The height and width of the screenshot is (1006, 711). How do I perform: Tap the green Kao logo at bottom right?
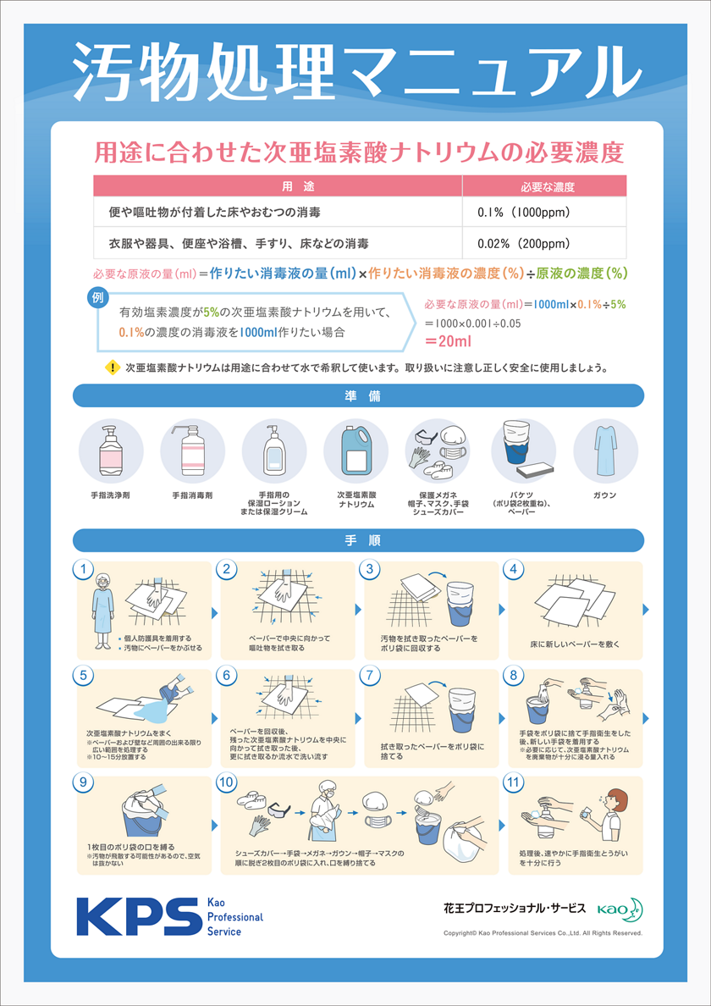pyautogui.click(x=620, y=909)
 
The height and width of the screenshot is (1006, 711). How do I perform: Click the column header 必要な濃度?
pyautogui.click(x=543, y=186)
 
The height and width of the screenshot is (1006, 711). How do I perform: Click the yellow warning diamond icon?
pyautogui.click(x=112, y=368)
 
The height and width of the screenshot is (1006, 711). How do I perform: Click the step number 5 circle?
pyautogui.click(x=83, y=676)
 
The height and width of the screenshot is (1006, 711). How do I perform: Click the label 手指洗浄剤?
pyautogui.click(x=110, y=496)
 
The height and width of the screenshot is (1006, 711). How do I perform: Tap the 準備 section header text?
pyautogui.click(x=358, y=396)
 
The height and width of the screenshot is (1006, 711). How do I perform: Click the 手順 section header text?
pyautogui.click(x=358, y=541)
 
